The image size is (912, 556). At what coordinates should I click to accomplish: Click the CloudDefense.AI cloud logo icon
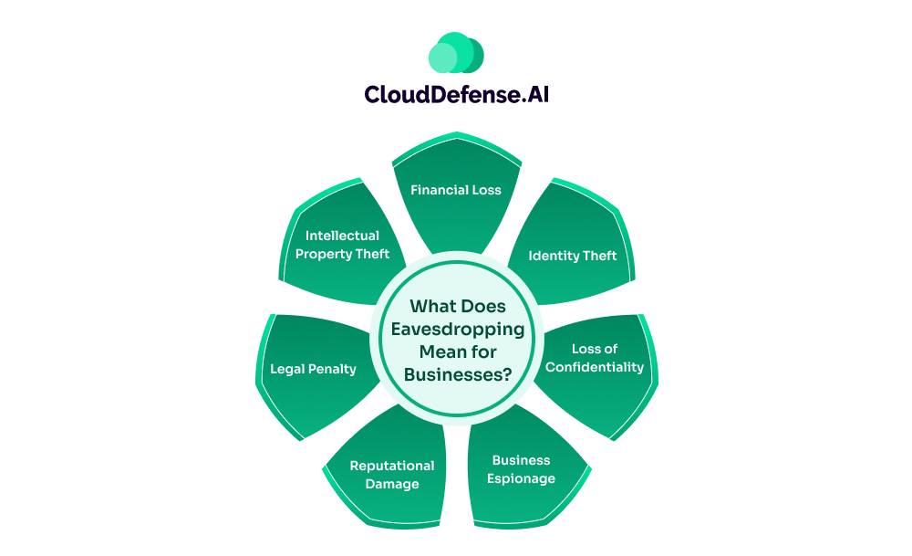(x=456, y=54)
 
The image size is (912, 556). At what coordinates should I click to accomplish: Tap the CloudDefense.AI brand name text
(x=456, y=94)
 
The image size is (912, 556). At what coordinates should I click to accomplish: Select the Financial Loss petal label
(x=456, y=190)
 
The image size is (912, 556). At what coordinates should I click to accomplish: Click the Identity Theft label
(x=573, y=256)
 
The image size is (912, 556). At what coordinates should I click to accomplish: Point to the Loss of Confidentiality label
(x=595, y=358)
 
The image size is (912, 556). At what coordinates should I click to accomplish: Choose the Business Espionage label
(x=522, y=469)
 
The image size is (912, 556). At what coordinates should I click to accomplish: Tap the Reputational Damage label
(x=392, y=475)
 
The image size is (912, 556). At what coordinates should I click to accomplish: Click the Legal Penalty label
(x=313, y=369)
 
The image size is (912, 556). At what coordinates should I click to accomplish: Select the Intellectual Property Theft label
(x=342, y=245)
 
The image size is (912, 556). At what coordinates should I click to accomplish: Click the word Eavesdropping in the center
(x=457, y=329)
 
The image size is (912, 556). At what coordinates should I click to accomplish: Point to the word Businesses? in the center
(x=457, y=372)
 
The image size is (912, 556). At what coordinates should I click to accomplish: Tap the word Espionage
(x=522, y=478)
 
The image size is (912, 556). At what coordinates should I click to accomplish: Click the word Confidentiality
(x=595, y=367)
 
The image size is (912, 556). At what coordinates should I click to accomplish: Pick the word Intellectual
(x=342, y=236)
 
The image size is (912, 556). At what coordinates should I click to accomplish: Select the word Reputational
(x=392, y=466)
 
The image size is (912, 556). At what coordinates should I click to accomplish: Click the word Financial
(x=439, y=190)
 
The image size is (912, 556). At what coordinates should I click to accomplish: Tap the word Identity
(x=553, y=256)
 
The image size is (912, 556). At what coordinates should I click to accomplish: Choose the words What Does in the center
(x=457, y=307)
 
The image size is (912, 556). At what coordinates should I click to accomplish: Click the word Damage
(x=392, y=484)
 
